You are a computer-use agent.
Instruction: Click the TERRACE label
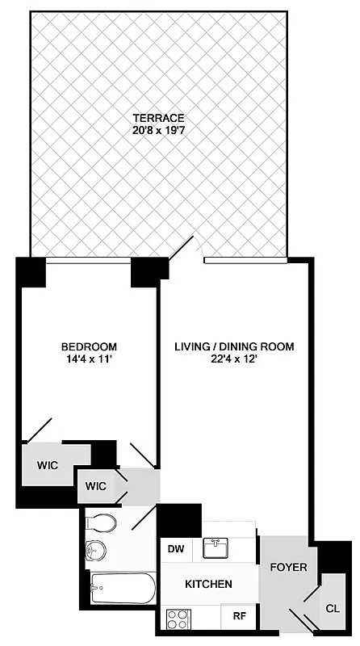159,117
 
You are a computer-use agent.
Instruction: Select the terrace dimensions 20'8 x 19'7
159,129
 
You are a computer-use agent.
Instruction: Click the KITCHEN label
208,584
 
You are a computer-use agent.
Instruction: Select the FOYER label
288,568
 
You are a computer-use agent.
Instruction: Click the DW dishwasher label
175,549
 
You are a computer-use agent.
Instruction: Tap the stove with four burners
177,619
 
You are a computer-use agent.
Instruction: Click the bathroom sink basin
95,550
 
